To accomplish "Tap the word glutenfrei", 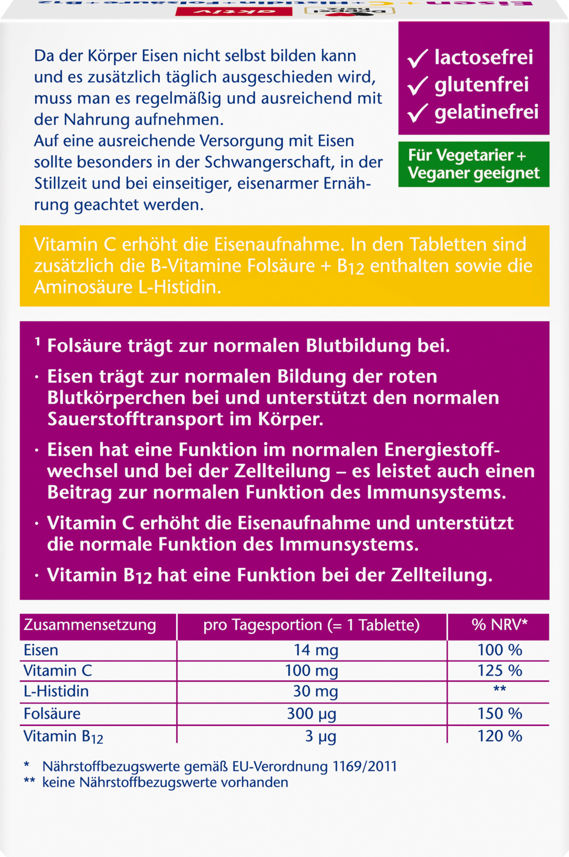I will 481,85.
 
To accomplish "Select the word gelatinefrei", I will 486,112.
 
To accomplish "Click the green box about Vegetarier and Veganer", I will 474,164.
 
